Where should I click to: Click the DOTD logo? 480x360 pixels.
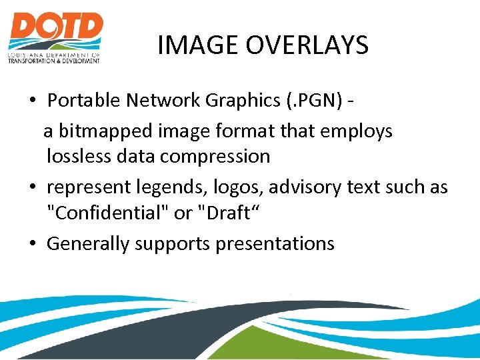pyautogui.click(x=55, y=37)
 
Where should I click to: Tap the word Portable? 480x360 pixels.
pyautogui.click(x=83, y=101)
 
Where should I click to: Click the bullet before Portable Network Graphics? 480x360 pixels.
pyautogui.click(x=32, y=101)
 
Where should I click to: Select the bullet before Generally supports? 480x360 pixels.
pyautogui.click(x=32, y=244)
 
